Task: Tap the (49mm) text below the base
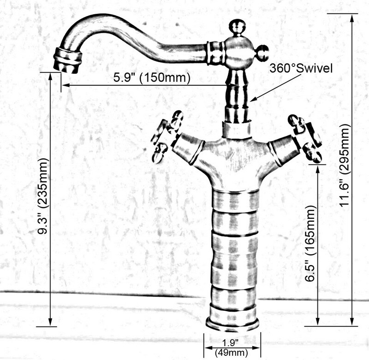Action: coord(232,353)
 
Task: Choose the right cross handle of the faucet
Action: coord(305,138)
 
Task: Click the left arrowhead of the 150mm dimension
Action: coord(65,85)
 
